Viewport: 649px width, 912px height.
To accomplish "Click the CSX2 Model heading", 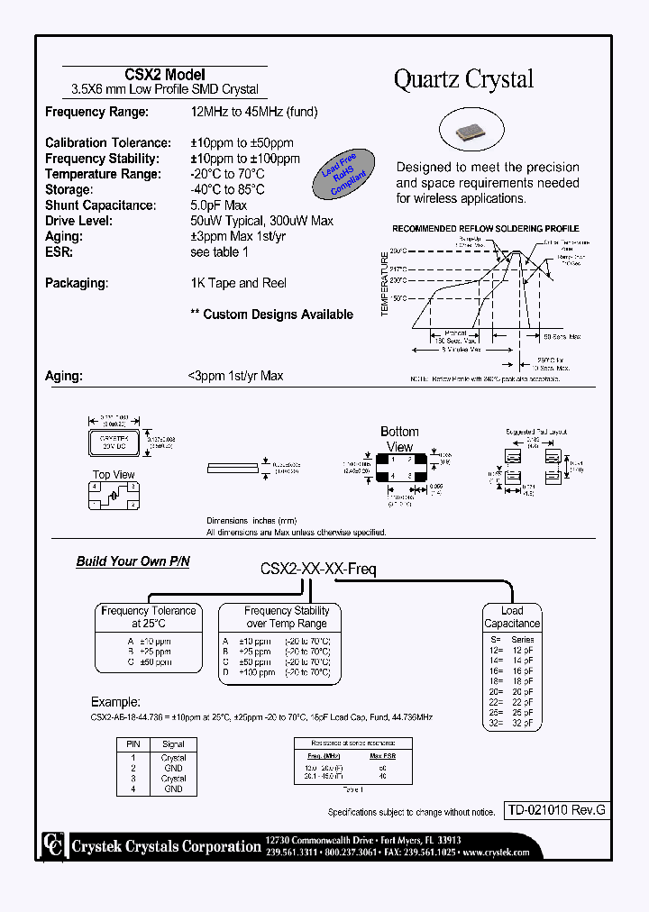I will [x=164, y=75].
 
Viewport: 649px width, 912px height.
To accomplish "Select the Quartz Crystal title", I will [x=463, y=79].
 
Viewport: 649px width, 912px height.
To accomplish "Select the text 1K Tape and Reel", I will [x=238, y=283].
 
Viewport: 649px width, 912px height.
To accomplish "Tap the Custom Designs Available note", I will [x=271, y=315].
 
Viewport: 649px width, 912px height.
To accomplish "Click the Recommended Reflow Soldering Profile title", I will [x=485, y=229].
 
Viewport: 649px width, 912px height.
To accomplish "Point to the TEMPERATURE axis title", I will [x=385, y=284].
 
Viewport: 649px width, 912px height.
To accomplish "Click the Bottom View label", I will [x=399, y=439].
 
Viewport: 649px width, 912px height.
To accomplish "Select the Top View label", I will [x=114, y=475].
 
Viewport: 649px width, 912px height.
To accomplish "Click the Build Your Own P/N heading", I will [x=133, y=561].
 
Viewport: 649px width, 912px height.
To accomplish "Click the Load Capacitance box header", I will [x=512, y=617].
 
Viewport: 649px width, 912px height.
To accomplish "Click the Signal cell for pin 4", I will [x=173, y=789].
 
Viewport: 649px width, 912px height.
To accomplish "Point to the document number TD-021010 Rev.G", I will [x=554, y=810].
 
